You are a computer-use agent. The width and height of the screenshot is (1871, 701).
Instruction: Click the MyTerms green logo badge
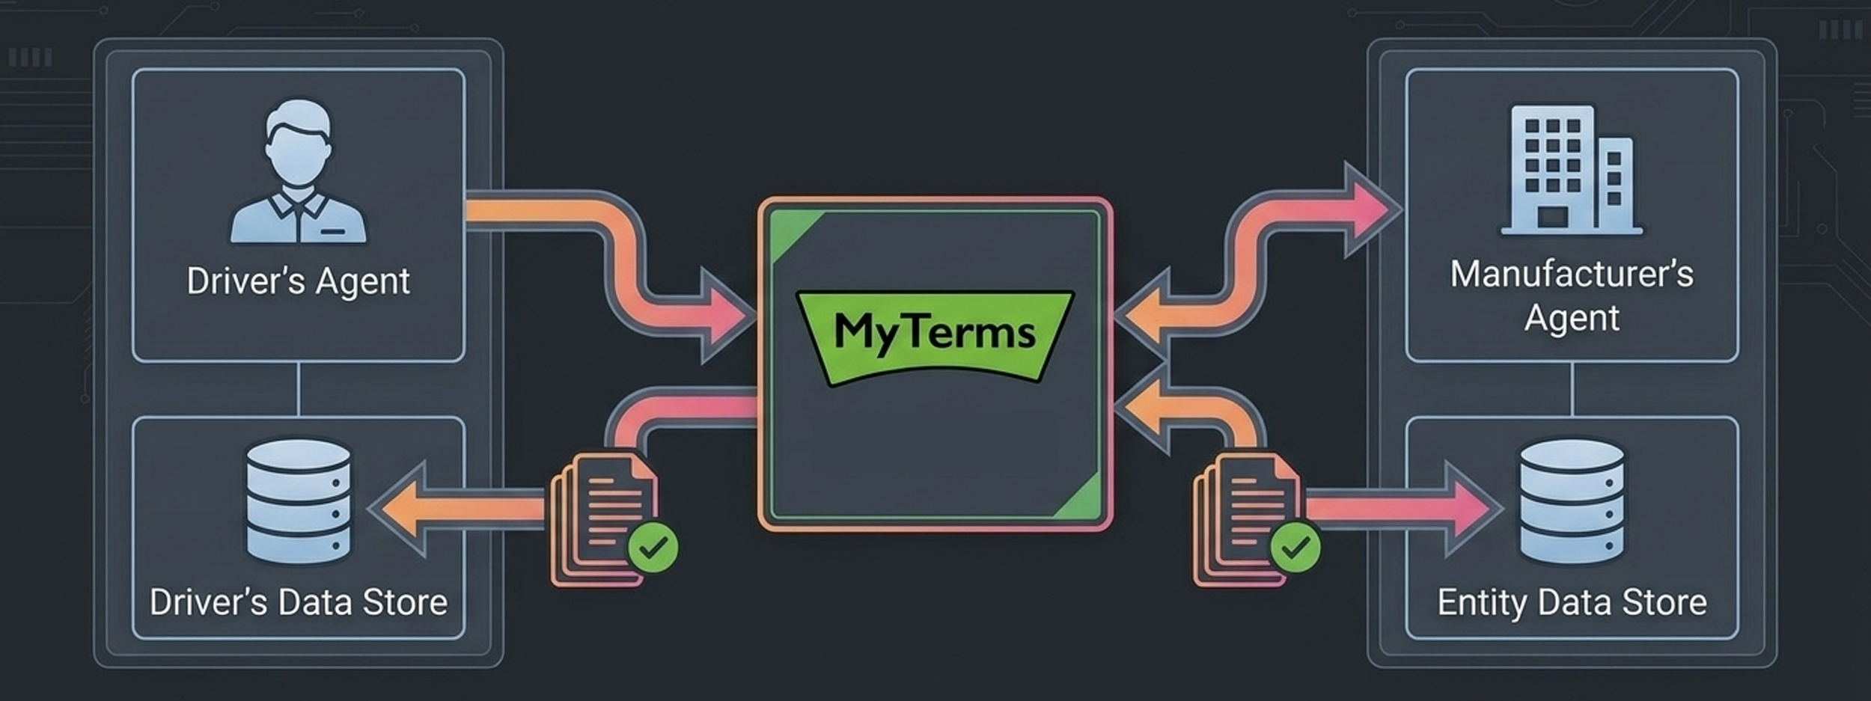[935, 334]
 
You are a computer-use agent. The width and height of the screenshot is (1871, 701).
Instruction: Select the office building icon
[1571, 171]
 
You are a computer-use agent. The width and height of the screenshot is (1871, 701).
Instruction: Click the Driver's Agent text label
[298, 281]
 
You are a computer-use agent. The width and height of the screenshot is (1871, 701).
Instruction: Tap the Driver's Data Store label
[298, 602]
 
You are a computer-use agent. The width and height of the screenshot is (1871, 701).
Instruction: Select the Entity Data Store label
[1572, 602]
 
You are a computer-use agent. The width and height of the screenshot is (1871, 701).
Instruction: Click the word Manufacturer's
[1571, 274]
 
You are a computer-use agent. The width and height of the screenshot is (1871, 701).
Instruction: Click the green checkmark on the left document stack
[653, 548]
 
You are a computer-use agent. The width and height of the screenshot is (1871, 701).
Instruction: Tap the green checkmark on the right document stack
[1295, 548]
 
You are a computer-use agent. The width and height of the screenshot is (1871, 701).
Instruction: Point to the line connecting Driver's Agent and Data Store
[298, 389]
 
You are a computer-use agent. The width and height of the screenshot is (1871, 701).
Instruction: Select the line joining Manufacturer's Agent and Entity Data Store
[1571, 389]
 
